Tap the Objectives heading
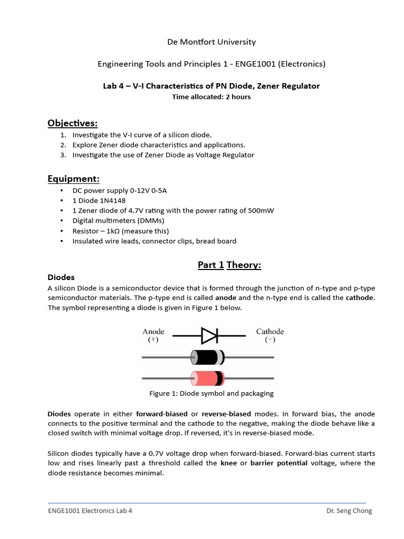point(73,123)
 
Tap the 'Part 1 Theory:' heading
point(229,265)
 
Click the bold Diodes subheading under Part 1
point(61,277)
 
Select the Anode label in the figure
point(153,332)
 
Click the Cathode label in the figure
point(270,332)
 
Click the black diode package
point(207,357)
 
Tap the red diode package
point(207,378)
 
